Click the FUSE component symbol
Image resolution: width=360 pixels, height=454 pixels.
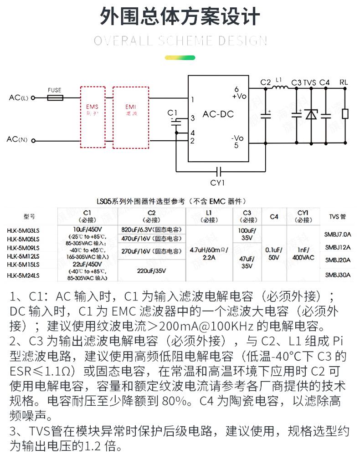point(55,97)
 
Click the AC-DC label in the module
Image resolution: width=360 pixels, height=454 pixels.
point(218,114)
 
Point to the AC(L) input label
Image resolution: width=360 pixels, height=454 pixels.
point(18,98)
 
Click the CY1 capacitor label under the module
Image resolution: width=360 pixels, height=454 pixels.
point(218,183)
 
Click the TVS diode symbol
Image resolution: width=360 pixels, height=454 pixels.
point(311,114)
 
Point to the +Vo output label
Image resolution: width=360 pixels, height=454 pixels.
point(239,96)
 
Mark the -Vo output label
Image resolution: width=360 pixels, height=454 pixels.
point(237,138)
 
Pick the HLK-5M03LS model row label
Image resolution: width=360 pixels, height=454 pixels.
point(23,230)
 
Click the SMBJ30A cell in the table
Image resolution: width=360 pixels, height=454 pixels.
point(338,275)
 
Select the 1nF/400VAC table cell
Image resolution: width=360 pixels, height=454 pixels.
point(303,253)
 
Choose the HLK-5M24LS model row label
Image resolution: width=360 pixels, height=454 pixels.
point(23,275)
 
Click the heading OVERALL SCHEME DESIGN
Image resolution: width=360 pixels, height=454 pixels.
point(180,41)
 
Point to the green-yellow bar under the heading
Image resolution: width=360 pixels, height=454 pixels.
point(180,58)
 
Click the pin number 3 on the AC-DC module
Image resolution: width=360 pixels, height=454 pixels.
point(193,118)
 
